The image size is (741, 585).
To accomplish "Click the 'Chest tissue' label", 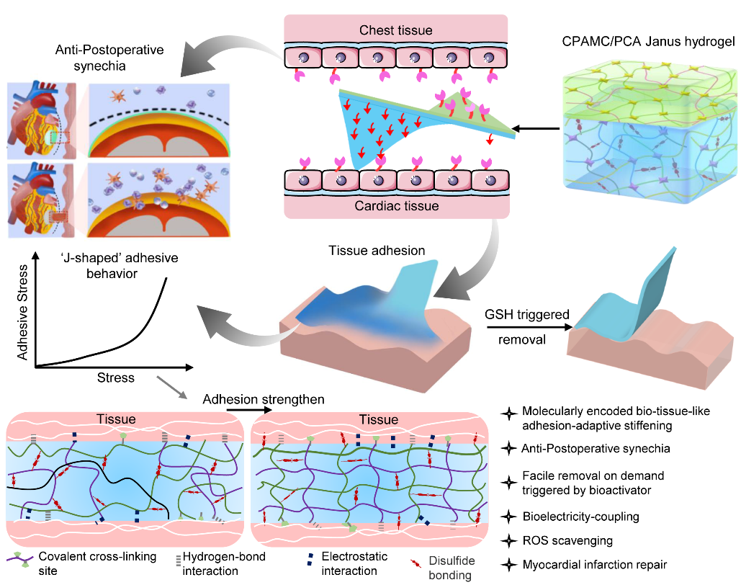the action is [395, 30].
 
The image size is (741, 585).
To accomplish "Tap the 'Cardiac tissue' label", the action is [397, 206].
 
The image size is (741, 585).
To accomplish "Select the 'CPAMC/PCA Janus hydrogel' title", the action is [648, 42].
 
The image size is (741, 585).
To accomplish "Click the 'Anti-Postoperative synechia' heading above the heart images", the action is [109, 58].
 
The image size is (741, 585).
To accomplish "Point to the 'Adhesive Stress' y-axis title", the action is [22, 313].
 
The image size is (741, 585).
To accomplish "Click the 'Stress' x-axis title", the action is [116, 378].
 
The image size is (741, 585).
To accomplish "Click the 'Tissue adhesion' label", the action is [377, 251].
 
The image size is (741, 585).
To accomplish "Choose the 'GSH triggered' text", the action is [527, 315].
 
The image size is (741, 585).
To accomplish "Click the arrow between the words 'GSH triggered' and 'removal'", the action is [529, 327].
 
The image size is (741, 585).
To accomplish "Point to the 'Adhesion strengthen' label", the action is [264, 400].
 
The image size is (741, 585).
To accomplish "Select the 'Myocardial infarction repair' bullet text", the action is [595, 565].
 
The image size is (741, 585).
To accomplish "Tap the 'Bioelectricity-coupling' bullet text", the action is [581, 517].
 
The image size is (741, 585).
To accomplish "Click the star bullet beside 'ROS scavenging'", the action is [509, 540].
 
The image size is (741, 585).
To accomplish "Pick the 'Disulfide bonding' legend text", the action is [452, 568].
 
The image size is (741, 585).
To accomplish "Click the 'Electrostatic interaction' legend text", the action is [354, 563].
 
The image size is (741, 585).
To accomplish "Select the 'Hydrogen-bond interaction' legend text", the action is [224, 563].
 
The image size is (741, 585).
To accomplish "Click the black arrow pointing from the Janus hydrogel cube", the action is [536, 128].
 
